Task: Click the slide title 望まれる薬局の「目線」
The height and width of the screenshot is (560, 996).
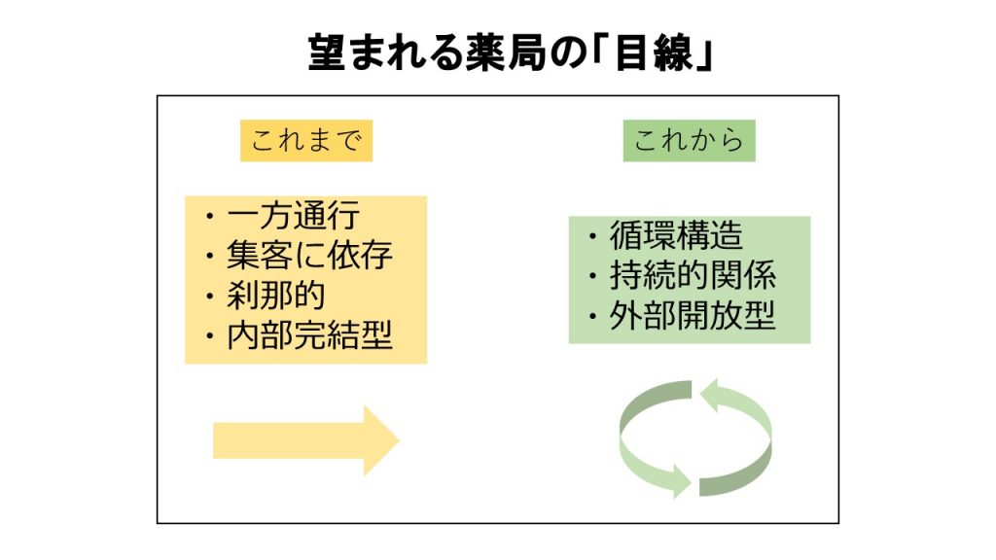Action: coord(511,52)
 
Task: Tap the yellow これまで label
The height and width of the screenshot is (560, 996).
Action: coord(306,140)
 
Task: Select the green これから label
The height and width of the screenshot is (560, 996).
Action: coord(690,140)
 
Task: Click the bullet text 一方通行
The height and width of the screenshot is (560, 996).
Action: coord(294,216)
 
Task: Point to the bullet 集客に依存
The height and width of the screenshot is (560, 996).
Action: coord(310,256)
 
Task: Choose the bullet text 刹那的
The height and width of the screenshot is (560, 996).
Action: coord(276,296)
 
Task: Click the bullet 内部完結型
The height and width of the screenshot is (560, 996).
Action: coord(310,335)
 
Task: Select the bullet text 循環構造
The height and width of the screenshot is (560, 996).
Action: coord(677,235)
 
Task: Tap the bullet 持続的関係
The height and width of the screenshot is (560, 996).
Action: coord(693,275)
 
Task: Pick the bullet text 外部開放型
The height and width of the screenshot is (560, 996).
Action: coord(693,316)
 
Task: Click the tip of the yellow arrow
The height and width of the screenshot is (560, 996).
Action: coord(399,440)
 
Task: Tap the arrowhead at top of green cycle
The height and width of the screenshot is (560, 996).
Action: coord(709,395)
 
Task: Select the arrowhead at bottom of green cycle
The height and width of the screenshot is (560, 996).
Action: coord(682,481)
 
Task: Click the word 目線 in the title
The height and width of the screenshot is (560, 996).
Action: coord(654,52)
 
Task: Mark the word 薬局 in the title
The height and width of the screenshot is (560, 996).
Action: coord(506,52)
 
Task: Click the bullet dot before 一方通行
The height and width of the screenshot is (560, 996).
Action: coord(210,217)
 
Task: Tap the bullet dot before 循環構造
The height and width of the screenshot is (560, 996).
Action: coord(592,236)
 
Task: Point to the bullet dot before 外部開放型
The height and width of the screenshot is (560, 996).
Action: coord(592,316)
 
